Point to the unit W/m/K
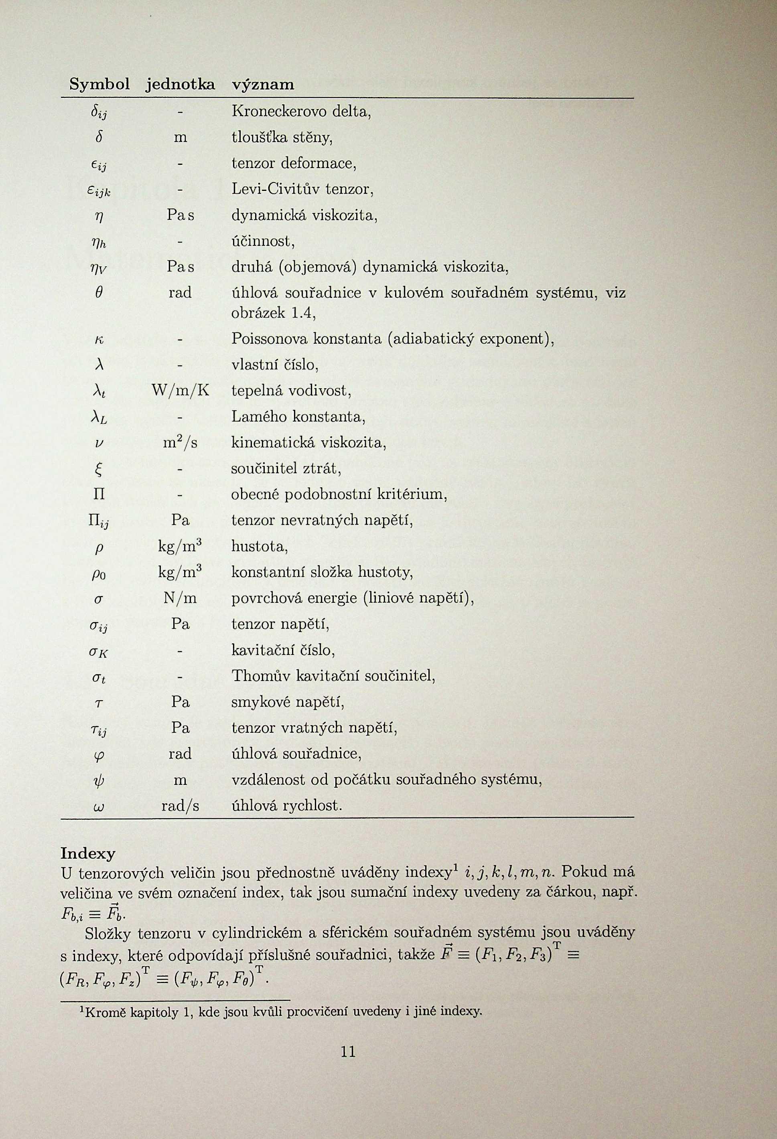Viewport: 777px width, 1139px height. [x=181, y=391]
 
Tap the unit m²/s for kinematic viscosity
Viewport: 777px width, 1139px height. [x=181, y=442]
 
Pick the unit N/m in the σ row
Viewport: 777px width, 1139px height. [x=181, y=598]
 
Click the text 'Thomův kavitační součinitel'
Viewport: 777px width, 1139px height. [x=333, y=676]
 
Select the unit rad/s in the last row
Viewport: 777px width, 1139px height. [x=181, y=806]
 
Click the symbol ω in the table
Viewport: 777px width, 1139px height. [x=98, y=807]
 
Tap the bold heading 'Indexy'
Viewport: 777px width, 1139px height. [x=88, y=853]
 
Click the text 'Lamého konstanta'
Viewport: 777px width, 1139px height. [x=298, y=417]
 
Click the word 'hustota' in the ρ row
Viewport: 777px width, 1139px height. [x=259, y=546]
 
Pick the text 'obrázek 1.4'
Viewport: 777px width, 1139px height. [x=273, y=313]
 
